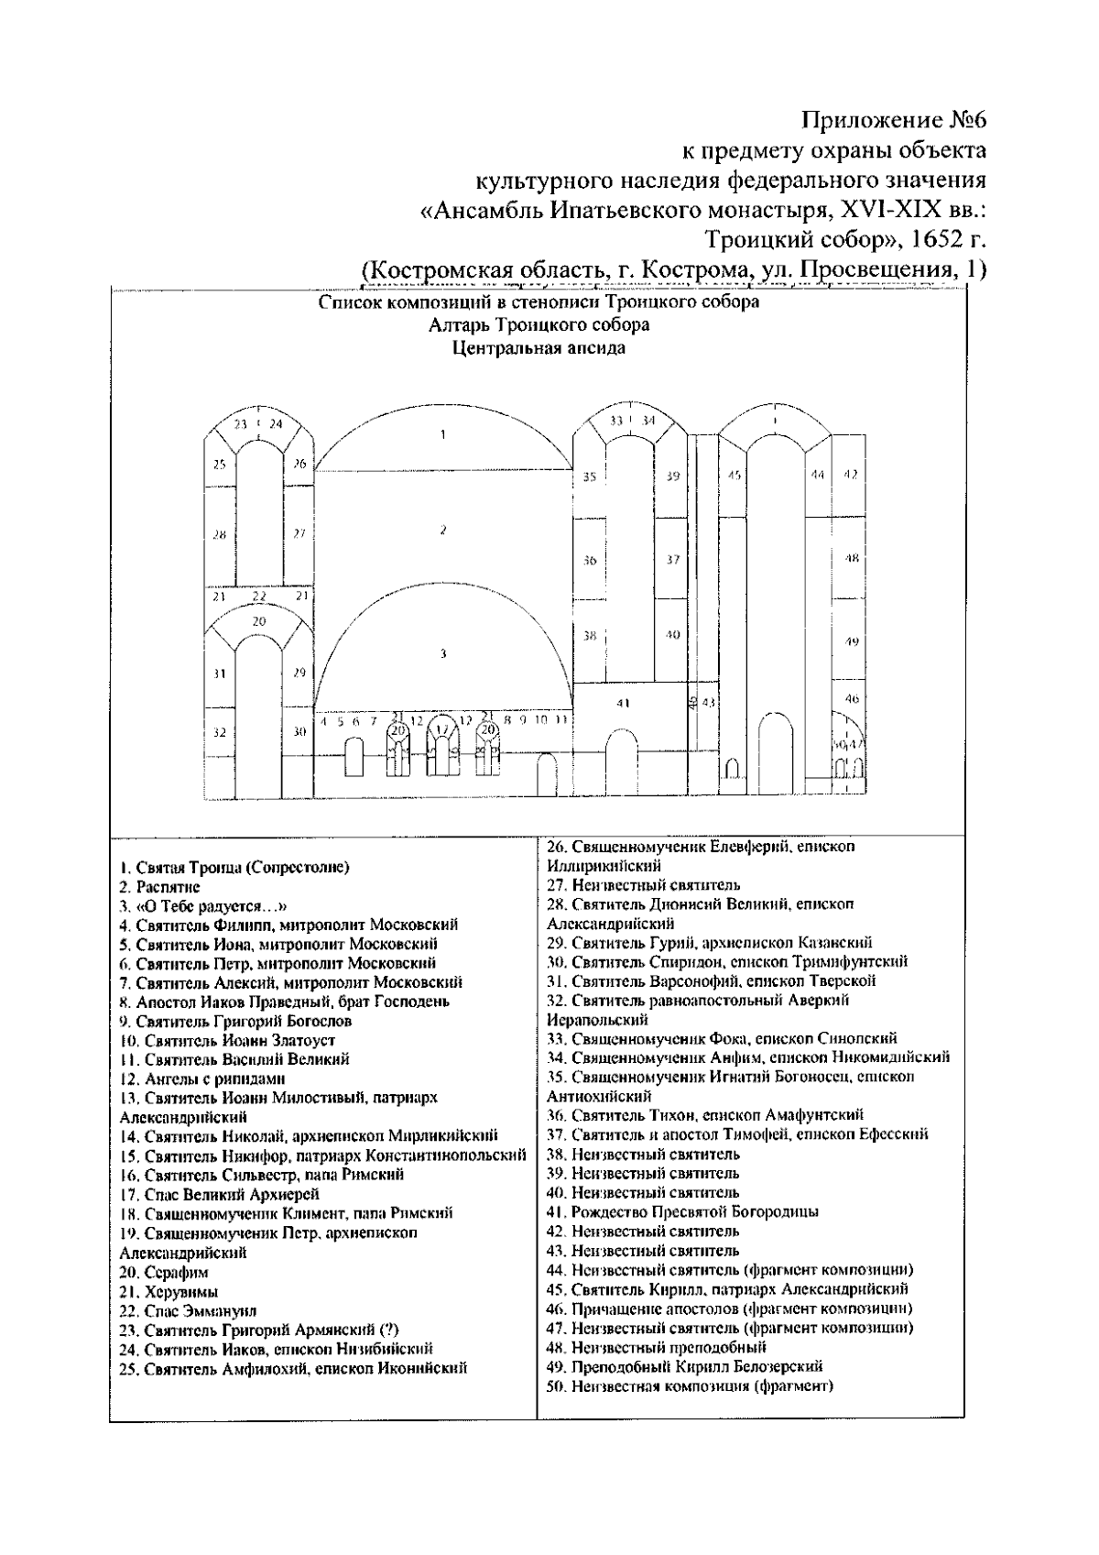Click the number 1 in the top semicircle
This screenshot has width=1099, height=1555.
point(442,434)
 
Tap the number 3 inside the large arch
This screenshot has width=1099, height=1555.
point(442,653)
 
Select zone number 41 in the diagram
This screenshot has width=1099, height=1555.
point(623,704)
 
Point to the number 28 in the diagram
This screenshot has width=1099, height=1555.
point(219,534)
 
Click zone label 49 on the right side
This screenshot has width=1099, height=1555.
point(851,642)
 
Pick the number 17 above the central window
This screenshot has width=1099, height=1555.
point(442,729)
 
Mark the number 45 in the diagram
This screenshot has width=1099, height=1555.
point(734,476)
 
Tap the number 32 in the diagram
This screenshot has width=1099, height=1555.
point(219,732)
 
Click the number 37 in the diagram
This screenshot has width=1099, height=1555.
point(673,559)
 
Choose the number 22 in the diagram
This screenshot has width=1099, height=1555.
point(259,597)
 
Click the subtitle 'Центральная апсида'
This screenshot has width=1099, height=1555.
point(539,347)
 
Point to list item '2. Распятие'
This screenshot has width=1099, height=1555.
point(160,887)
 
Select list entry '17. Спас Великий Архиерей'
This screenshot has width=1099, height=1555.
point(220,1194)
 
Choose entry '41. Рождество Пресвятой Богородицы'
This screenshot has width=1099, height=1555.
point(682,1211)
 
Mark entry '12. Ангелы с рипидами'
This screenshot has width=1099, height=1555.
point(203,1079)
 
